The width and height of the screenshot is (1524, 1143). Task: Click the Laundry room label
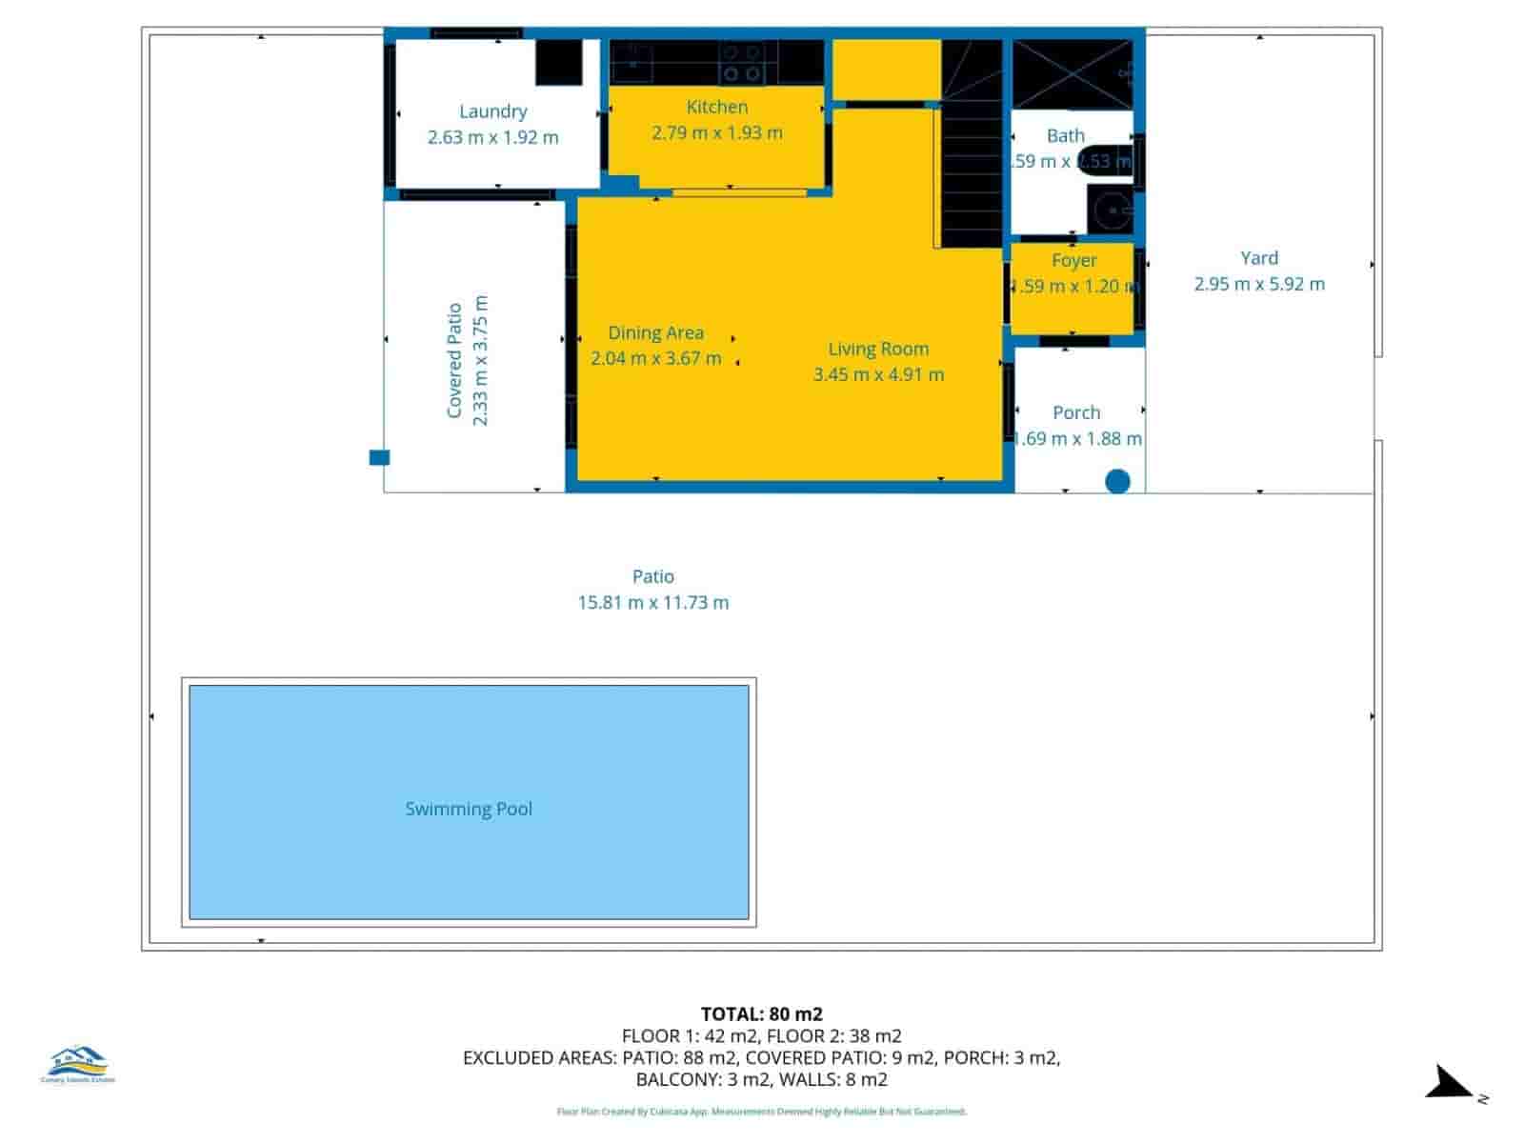[492, 111]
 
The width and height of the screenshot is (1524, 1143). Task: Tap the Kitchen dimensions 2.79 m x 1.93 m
[717, 133]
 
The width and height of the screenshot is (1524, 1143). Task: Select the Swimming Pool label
[469, 809]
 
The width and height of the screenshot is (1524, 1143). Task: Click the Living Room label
[878, 349]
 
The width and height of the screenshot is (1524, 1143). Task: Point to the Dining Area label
[656, 332]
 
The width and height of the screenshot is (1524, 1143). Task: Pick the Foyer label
[1074, 260]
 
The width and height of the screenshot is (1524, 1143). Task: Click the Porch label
[1076, 412]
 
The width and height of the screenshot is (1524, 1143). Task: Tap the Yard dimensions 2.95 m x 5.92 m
[1259, 284]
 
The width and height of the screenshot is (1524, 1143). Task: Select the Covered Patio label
[455, 360]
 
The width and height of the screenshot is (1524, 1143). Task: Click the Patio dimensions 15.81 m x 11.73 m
[653, 602]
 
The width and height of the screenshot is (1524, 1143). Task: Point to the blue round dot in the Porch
[1117, 481]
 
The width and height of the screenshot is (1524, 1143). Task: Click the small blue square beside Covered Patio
[379, 458]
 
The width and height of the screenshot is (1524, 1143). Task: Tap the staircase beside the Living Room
[972, 143]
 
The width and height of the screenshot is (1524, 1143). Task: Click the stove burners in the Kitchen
[741, 63]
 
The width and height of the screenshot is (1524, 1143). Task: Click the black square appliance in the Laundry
[558, 63]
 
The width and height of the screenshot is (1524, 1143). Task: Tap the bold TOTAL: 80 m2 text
[762, 1013]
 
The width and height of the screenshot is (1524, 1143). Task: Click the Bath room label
[1066, 136]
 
